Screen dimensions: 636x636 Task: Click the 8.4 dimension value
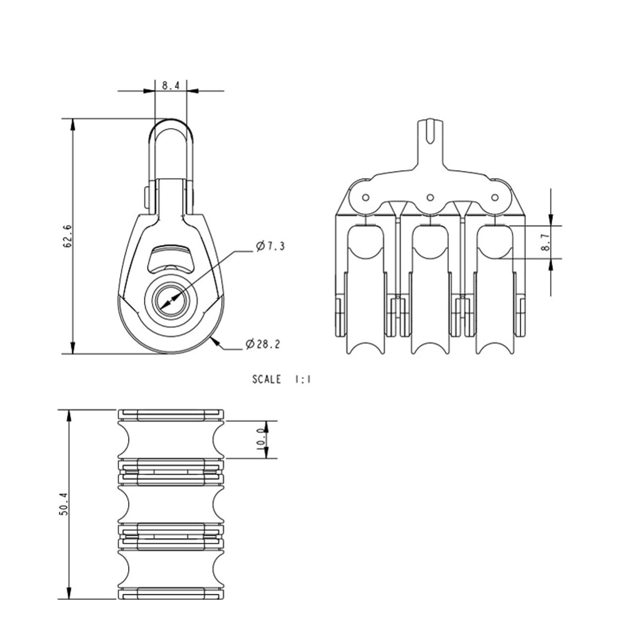point(170,86)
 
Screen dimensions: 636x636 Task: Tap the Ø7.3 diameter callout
point(270,246)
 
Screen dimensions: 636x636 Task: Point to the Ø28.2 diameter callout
point(263,344)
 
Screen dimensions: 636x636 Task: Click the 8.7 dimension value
point(547,242)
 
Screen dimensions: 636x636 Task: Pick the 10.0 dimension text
point(260,440)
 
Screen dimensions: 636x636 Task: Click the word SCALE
point(266,379)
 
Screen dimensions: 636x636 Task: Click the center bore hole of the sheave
point(171,300)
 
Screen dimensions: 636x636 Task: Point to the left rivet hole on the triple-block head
point(365,197)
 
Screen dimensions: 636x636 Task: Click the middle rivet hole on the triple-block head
point(430,197)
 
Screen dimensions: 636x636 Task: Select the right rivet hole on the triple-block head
point(494,197)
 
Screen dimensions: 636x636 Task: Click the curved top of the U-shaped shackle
point(170,121)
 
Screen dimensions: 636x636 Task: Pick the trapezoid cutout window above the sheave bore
point(170,258)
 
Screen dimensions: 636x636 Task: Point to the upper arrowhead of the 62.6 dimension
point(73,125)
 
